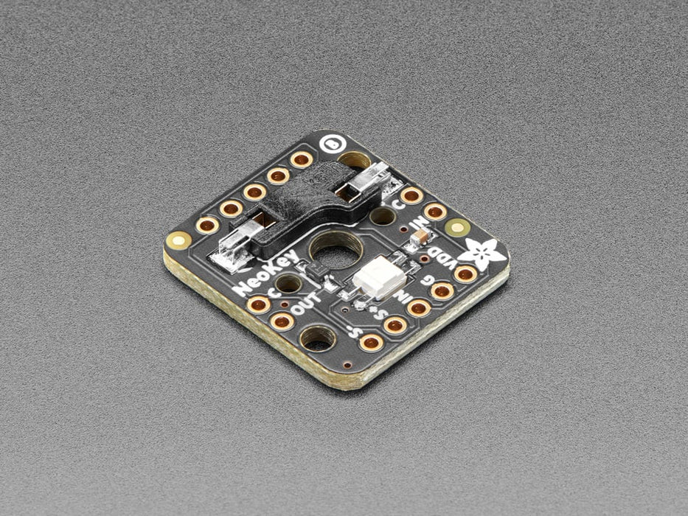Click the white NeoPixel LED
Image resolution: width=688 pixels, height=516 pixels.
pos(379,279)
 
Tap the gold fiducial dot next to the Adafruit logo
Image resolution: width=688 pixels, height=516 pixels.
pos(458,226)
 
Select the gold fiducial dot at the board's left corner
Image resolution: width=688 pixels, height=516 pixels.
pos(177,239)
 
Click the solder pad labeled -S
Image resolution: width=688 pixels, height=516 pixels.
pos(371,341)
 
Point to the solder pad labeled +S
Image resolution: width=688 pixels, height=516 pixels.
pos(395,324)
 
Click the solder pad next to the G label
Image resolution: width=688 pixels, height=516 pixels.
pos(442,290)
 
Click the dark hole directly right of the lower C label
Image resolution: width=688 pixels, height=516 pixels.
pos(288,284)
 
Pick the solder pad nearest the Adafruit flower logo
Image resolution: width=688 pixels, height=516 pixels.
pos(465,274)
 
